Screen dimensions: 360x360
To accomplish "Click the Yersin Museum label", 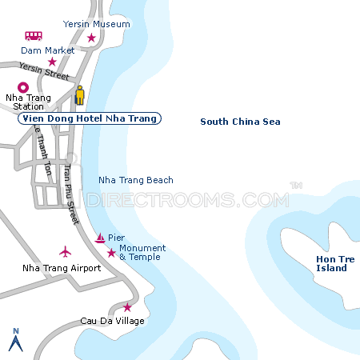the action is coord(97,24).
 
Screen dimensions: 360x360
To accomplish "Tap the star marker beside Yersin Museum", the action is coord(91,38).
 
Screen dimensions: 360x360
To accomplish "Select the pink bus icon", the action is coord(34,36).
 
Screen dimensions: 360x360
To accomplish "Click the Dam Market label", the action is coord(49,50).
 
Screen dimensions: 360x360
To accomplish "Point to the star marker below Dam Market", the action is coord(52,62).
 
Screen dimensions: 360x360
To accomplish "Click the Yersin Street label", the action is coord(45,71).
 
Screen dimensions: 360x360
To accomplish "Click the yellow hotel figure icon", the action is coord(79,95).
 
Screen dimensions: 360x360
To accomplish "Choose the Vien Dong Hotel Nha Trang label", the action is coord(89,118).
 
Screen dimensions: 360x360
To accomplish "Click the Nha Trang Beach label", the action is coord(135,180).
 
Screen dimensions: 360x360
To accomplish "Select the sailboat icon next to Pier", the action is coord(100,238).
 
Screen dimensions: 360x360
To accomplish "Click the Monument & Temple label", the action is coord(142,253).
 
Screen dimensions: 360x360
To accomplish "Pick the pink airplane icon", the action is coord(66,251).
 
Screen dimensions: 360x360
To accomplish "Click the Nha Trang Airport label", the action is coord(62,268).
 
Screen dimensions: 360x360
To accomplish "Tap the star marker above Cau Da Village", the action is coord(127,307).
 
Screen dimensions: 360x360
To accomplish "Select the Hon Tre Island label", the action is coord(331,263).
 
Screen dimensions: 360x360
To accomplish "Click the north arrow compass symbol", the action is coord(14,340).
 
